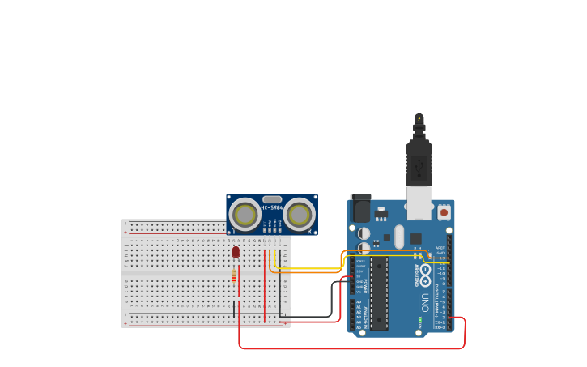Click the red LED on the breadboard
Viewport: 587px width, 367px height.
pyautogui.click(x=236, y=252)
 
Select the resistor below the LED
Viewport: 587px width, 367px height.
pyautogui.click(x=235, y=277)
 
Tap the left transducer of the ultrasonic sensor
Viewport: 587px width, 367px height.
pyautogui.click(x=244, y=215)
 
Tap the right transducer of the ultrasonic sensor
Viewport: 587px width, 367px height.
pyautogui.click(x=299, y=215)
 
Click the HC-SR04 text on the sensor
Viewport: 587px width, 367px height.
pyautogui.click(x=271, y=208)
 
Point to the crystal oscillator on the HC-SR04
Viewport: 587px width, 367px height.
pyautogui.click(x=272, y=199)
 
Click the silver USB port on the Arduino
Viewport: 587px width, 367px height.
pyautogui.click(x=419, y=203)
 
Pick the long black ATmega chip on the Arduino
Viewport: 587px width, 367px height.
pyautogui.click(x=380, y=292)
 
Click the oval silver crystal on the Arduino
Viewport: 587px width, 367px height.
pyautogui.click(x=399, y=237)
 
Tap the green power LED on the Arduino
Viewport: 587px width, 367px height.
pyautogui.click(x=420, y=322)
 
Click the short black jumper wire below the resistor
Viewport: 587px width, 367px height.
pyautogui.click(x=235, y=308)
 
